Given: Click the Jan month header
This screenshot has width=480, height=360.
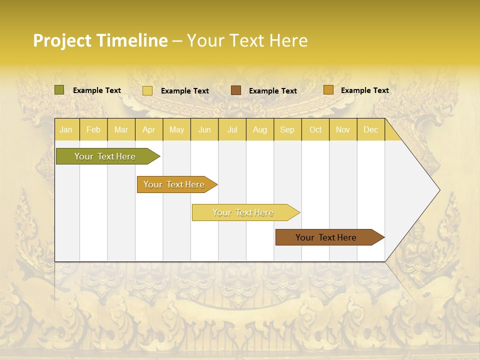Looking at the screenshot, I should click(x=66, y=130).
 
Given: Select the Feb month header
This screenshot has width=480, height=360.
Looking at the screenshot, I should click(x=93, y=130).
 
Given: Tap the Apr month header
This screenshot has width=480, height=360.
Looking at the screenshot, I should click(x=148, y=130).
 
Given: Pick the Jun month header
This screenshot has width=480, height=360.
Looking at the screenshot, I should click(x=204, y=130).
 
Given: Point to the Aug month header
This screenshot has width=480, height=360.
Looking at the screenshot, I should click(x=259, y=130).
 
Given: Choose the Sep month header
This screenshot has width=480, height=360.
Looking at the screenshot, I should click(x=287, y=130).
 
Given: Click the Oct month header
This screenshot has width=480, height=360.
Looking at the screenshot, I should click(x=315, y=130).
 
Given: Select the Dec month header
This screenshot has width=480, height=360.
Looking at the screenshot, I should click(x=370, y=130).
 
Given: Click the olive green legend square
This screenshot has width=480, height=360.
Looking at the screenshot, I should click(x=59, y=90).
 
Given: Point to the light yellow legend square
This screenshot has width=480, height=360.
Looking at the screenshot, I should click(x=147, y=90).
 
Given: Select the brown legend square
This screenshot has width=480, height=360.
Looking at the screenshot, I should click(x=236, y=90).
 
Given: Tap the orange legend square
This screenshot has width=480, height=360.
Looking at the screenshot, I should click(x=328, y=90).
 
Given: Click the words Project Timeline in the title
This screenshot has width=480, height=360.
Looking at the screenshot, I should click(x=100, y=40).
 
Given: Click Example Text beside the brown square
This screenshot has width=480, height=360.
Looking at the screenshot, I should click(x=272, y=91).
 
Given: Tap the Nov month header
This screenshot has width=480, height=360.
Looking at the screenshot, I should click(x=343, y=130).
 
